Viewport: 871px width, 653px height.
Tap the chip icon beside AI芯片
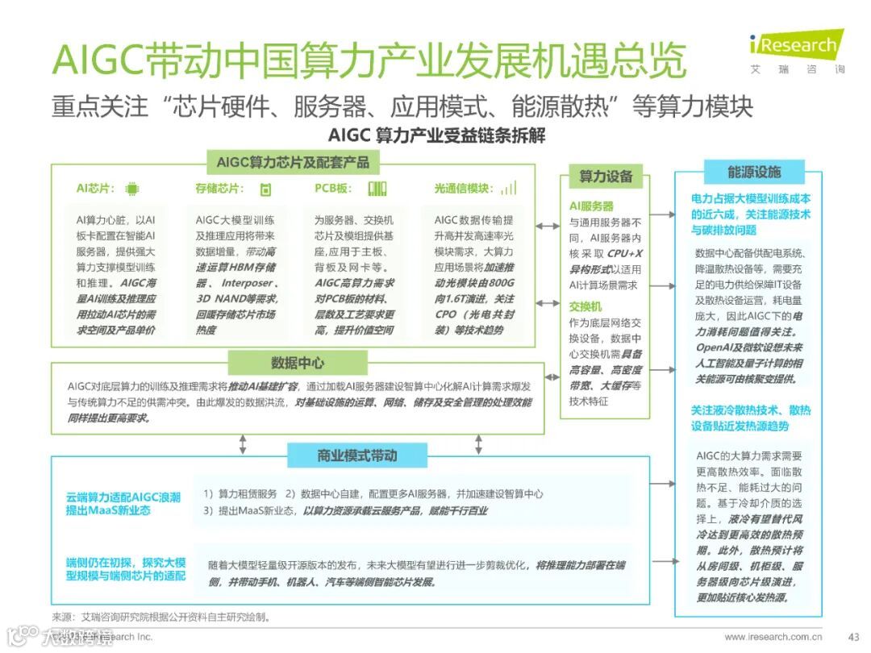132,189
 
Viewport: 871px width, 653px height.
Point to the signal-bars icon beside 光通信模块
508,189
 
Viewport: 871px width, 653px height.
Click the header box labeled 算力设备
606,177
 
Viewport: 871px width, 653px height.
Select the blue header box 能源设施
754,172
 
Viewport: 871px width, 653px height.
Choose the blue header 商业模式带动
356,456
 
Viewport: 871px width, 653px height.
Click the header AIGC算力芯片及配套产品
293,163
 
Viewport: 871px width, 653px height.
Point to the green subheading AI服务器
592,206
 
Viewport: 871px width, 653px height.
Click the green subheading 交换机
586,306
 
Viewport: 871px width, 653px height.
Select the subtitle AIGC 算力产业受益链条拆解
436,135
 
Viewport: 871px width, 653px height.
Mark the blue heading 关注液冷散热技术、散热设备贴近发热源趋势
750,418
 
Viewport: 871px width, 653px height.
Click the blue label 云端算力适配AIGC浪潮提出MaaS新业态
123,504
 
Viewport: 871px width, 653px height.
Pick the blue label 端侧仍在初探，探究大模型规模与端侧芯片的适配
126,568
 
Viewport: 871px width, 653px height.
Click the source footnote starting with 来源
160,617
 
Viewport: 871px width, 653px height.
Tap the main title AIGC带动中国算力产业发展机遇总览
369,60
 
